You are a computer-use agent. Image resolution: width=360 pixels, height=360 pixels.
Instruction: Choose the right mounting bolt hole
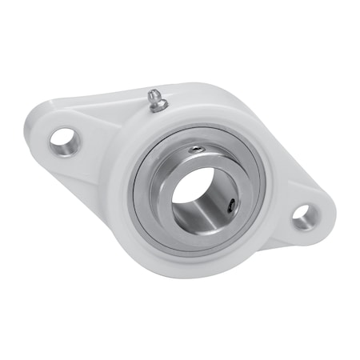coord(303,215)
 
